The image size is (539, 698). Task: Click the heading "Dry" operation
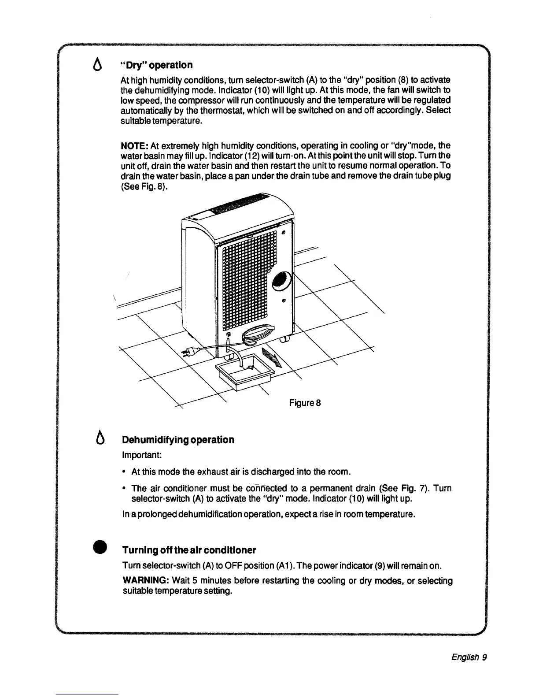157,65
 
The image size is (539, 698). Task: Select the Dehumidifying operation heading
178,440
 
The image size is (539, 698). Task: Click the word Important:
139,454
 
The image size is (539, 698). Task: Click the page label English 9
469,657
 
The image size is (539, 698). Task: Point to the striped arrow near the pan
271,356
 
